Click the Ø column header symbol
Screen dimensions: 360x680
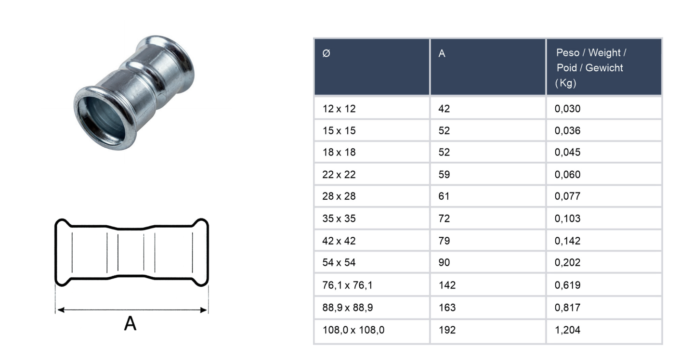click(326, 54)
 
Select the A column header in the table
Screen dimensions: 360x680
click(442, 54)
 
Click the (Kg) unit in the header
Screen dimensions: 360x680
click(565, 83)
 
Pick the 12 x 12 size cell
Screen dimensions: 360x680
click(339, 109)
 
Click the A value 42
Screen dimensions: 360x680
click(444, 109)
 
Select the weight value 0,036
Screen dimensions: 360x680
click(567, 131)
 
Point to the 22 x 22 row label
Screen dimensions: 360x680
click(339, 175)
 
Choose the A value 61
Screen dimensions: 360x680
click(444, 196)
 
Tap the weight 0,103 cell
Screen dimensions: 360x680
click(567, 219)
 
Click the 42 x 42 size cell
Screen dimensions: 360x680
click(339, 241)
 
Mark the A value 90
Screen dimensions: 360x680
click(444, 263)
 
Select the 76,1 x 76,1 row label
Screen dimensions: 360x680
click(347, 285)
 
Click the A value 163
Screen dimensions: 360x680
click(447, 308)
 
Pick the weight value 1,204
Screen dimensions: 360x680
click(567, 330)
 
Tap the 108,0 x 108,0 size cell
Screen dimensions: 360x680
click(353, 330)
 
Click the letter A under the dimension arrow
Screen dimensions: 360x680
click(130, 324)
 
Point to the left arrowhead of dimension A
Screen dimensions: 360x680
click(60, 310)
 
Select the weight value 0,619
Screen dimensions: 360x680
click(567, 285)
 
